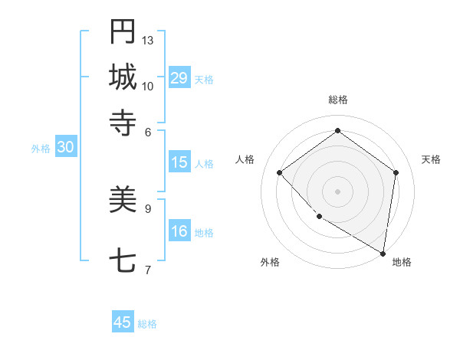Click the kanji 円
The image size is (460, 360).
(x=123, y=32)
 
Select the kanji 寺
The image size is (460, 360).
(x=123, y=122)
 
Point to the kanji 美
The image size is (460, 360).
(x=123, y=200)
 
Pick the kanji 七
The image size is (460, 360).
(x=123, y=261)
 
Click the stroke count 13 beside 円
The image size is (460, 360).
(x=148, y=40)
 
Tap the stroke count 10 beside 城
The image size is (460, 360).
(x=148, y=86)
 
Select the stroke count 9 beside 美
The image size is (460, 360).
(x=148, y=208)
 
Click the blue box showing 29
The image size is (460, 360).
(x=179, y=78)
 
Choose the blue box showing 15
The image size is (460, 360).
(x=179, y=162)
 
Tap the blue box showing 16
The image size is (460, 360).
(x=179, y=231)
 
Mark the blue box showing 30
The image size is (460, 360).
(x=65, y=148)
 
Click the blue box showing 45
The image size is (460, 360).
(x=123, y=322)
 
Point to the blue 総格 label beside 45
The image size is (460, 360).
(x=147, y=324)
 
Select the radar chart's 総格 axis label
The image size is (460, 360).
(x=337, y=100)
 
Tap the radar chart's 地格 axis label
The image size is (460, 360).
(x=402, y=262)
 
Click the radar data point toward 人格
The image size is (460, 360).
(x=280, y=172)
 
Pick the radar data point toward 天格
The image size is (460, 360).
(x=396, y=172)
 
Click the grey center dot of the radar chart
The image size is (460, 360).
(x=337, y=191)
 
